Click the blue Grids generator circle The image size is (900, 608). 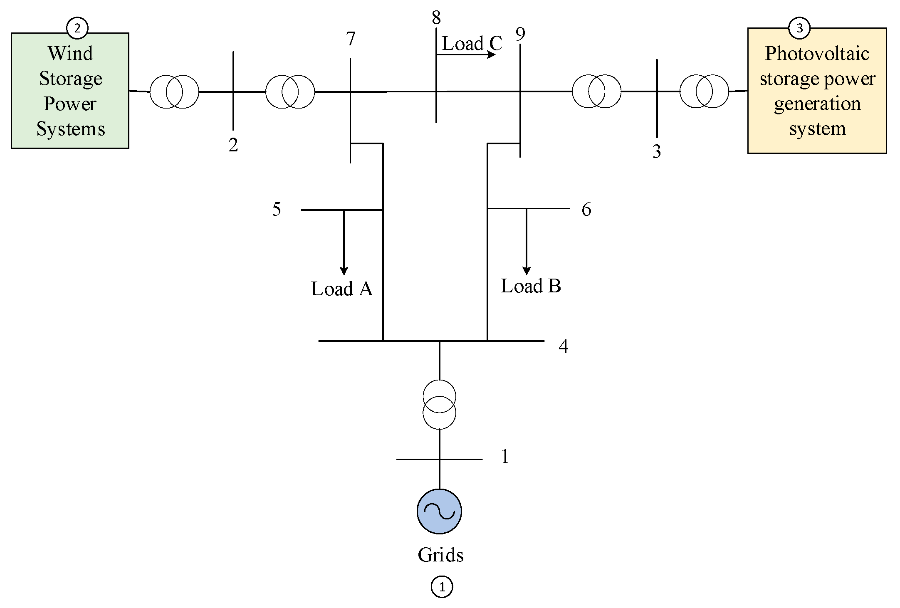439,511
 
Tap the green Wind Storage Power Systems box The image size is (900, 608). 70,91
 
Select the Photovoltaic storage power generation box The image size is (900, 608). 817,91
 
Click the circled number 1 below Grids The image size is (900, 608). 442,587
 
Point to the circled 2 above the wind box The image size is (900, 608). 77,28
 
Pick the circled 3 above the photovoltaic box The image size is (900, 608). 799,28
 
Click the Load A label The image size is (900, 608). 341,289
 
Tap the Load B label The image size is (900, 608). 531,286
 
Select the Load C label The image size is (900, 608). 472,43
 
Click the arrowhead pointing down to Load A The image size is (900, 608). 344,271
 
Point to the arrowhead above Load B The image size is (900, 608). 527,271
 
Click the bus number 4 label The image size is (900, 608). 563,346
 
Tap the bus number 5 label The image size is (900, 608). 277,209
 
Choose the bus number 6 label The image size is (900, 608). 586,209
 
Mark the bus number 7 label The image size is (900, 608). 351,39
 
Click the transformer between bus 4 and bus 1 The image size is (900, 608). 439,404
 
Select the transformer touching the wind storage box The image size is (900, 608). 174,91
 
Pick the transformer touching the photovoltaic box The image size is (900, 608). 704,91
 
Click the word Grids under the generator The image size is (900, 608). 440,555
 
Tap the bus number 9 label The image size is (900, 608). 520,34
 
